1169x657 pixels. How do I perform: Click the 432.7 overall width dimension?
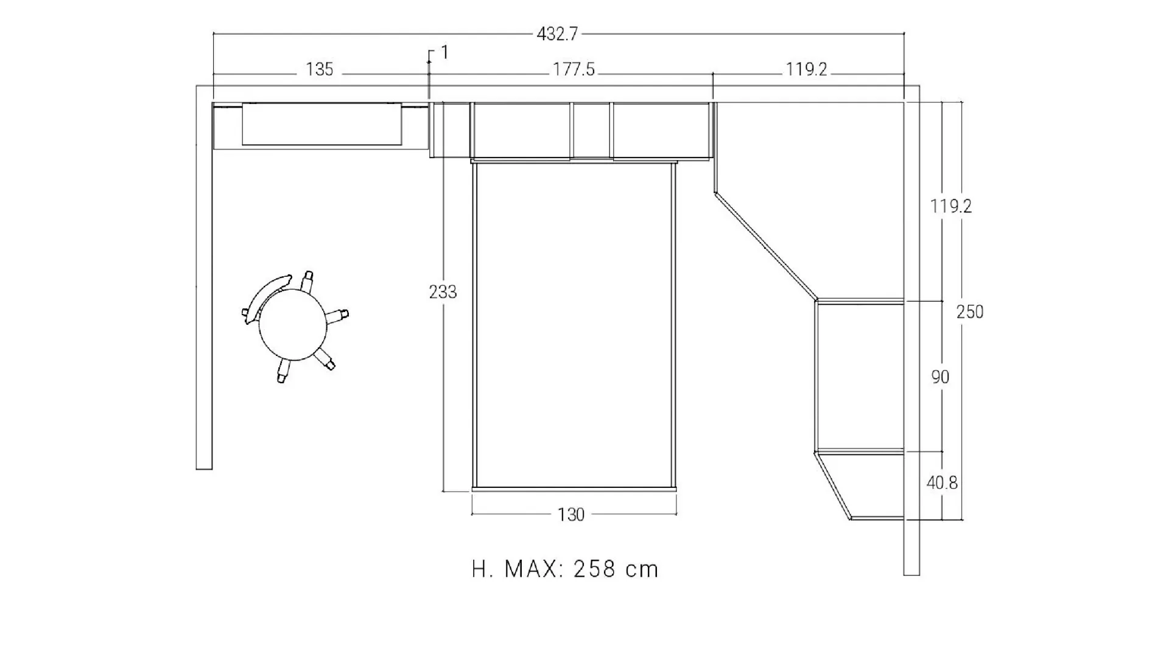557,35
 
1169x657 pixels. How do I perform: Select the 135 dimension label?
320,70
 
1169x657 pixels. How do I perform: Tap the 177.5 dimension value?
574,70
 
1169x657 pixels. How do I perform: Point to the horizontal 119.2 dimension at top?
807,70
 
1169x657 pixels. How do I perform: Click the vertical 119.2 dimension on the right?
951,207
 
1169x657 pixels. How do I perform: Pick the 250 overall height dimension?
970,312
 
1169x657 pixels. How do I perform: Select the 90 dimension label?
940,377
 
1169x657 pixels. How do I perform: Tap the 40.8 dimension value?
942,483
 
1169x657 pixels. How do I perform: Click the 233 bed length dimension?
443,293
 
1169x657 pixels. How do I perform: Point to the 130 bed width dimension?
571,515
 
